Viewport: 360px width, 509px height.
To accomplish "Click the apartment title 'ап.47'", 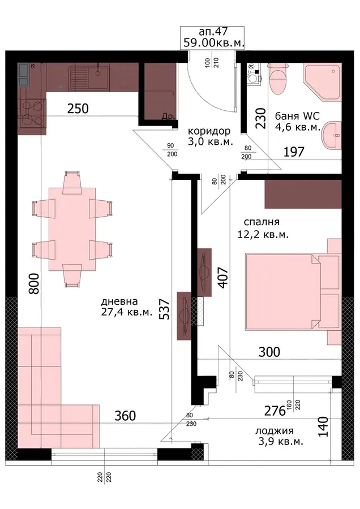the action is (213, 32).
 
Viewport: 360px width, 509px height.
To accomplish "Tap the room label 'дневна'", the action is (119, 301).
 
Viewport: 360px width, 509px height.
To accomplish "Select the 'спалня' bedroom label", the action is (262, 222).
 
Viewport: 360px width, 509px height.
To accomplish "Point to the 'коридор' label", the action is (209, 131).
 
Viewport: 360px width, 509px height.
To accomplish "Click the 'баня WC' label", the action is (297, 116).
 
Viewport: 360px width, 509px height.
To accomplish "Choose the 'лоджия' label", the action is (275, 431).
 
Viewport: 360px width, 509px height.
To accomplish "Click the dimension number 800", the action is (34, 284).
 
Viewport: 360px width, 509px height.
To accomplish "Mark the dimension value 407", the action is (223, 278).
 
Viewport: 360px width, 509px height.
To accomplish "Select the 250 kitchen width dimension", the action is (78, 109).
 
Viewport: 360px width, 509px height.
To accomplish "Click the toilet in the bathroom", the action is (278, 77).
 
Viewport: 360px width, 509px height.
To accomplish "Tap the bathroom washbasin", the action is (331, 136).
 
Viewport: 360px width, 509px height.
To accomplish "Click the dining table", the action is (72, 229).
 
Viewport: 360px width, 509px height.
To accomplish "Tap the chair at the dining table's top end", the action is (71, 183).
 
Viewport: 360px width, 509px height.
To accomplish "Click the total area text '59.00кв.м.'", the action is (213, 42).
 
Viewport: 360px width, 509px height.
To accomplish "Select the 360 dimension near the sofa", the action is (125, 416).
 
